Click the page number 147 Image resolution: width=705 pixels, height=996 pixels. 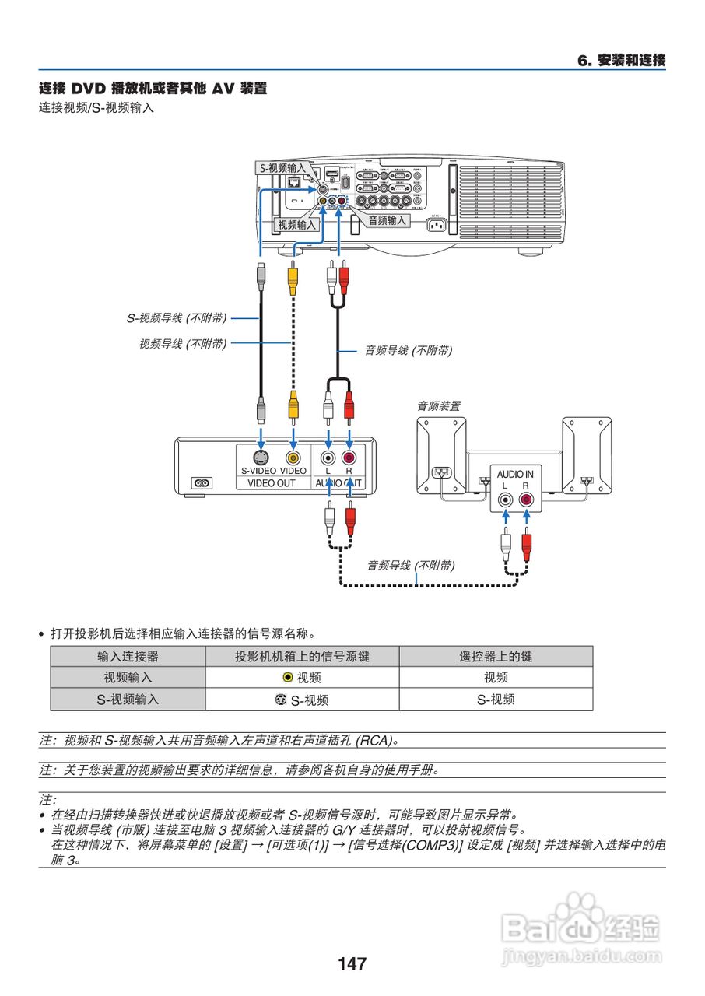click(352, 964)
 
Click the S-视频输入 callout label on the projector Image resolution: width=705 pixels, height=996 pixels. click(282, 167)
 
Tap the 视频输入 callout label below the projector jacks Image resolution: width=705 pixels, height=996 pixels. click(297, 224)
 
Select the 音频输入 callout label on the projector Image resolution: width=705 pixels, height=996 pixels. click(387, 220)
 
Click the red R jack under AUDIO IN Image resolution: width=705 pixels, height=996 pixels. click(527, 500)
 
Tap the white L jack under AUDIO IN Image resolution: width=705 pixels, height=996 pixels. click(506, 500)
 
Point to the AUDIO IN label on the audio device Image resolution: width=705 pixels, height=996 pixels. click(515, 474)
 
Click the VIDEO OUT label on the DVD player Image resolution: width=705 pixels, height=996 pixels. click(272, 483)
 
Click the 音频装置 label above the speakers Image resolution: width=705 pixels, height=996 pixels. click(438, 405)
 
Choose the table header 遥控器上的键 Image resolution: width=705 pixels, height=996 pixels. click(496, 657)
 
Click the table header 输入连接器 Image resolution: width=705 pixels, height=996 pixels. click(128, 657)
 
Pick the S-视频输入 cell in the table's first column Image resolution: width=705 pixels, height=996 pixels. click(128, 700)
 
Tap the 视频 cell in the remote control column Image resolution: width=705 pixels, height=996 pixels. click(496, 678)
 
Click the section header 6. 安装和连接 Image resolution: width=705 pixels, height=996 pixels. click(621, 61)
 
